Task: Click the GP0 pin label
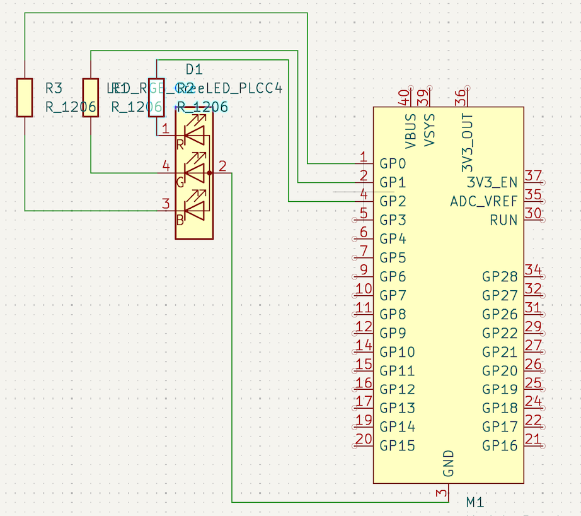pos(393,164)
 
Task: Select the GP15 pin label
pos(397,446)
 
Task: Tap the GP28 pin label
pos(500,277)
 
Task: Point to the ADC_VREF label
pos(483,202)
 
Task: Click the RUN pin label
pos(503,221)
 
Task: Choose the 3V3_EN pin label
pos(492,183)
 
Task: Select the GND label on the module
pos(449,463)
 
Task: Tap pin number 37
pos(533,176)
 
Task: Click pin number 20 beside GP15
pos(364,439)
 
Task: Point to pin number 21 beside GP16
pos(533,439)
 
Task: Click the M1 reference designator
pos(475,503)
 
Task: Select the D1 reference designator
pos(194,69)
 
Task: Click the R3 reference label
pos(54,88)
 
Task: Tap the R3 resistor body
pos(25,98)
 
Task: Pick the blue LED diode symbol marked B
pos(196,209)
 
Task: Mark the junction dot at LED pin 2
pos(209,172)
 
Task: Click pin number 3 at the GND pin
pos(441,493)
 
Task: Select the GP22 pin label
pos(500,333)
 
